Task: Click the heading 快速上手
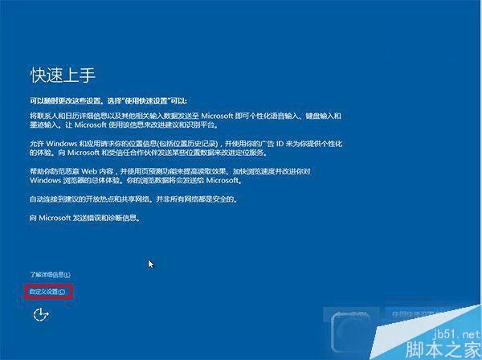tap(63, 76)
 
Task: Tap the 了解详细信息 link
tap(45, 275)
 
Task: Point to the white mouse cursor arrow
tap(150, 263)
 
